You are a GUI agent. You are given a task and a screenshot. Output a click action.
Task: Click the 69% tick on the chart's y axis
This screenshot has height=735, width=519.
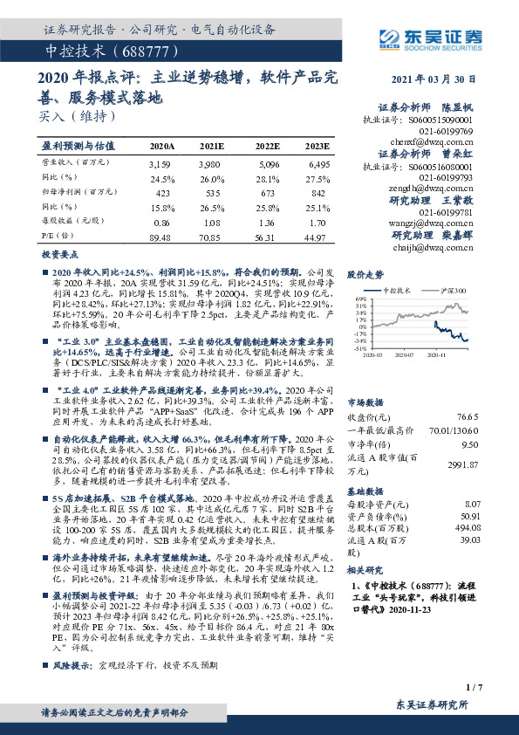coord(359,299)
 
